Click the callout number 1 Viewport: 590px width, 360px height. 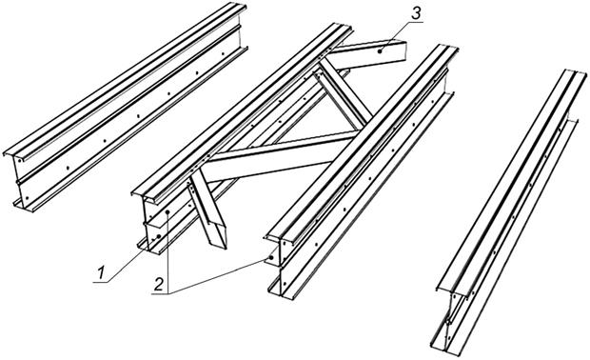point(101,273)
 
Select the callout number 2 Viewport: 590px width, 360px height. point(158,285)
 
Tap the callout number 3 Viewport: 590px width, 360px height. point(416,14)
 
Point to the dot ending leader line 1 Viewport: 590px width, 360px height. point(159,236)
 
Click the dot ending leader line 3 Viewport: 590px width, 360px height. point(380,51)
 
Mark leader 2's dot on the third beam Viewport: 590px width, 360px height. point(271,258)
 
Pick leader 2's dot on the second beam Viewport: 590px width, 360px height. point(167,212)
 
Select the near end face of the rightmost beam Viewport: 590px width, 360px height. point(450,319)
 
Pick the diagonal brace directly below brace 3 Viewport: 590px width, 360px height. point(344,95)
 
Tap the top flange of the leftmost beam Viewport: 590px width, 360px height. point(125,80)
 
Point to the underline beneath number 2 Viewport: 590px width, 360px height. point(160,293)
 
